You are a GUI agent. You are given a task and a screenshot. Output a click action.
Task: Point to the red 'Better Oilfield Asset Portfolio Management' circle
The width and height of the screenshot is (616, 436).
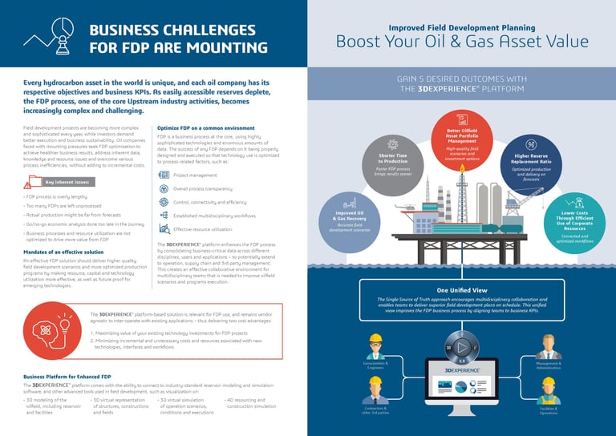click(x=461, y=141)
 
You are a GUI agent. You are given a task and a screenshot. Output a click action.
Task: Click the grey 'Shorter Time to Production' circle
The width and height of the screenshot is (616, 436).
click(x=393, y=157)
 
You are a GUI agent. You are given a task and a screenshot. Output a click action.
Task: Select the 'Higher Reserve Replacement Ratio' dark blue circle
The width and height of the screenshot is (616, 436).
click(x=531, y=158)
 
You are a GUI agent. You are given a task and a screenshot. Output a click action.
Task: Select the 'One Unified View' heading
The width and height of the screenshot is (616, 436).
click(x=461, y=289)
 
